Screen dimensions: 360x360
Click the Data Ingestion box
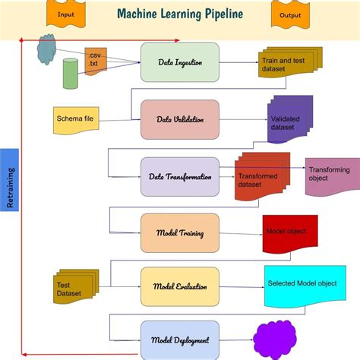coord(180,62)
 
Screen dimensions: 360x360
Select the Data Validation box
coord(180,119)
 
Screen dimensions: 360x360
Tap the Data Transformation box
coord(180,177)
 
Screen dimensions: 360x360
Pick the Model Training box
coord(180,233)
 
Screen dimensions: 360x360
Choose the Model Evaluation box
coord(180,286)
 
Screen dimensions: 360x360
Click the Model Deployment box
coord(180,339)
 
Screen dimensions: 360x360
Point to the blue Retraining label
coord(9,179)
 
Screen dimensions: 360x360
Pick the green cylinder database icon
coord(71,74)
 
